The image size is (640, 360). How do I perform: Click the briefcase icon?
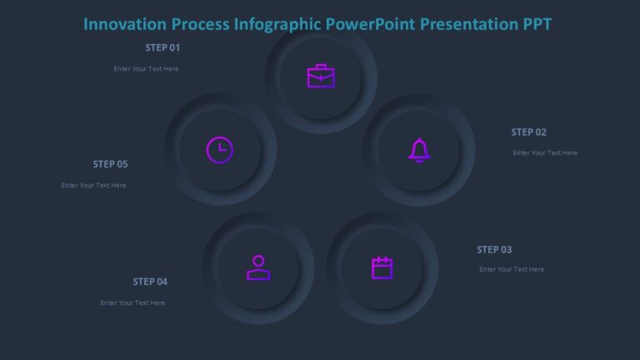point(321,77)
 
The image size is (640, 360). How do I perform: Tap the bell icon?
point(419,150)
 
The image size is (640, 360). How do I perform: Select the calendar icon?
point(382,267)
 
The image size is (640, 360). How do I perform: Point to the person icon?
point(258,267)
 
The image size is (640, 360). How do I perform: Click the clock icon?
point(220,150)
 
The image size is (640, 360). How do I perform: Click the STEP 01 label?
point(162,47)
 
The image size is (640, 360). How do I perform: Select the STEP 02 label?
point(529,132)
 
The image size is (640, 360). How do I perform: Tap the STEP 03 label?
point(494,249)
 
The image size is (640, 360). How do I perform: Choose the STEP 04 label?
point(150,282)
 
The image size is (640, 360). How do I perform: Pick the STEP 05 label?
point(110,164)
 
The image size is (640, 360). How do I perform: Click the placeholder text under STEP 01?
point(146,69)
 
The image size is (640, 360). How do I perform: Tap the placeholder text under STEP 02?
point(545,152)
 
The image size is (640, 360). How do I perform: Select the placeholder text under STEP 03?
point(512,269)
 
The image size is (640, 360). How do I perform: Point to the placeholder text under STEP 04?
point(132,302)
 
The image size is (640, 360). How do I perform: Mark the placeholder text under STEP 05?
point(93,185)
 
